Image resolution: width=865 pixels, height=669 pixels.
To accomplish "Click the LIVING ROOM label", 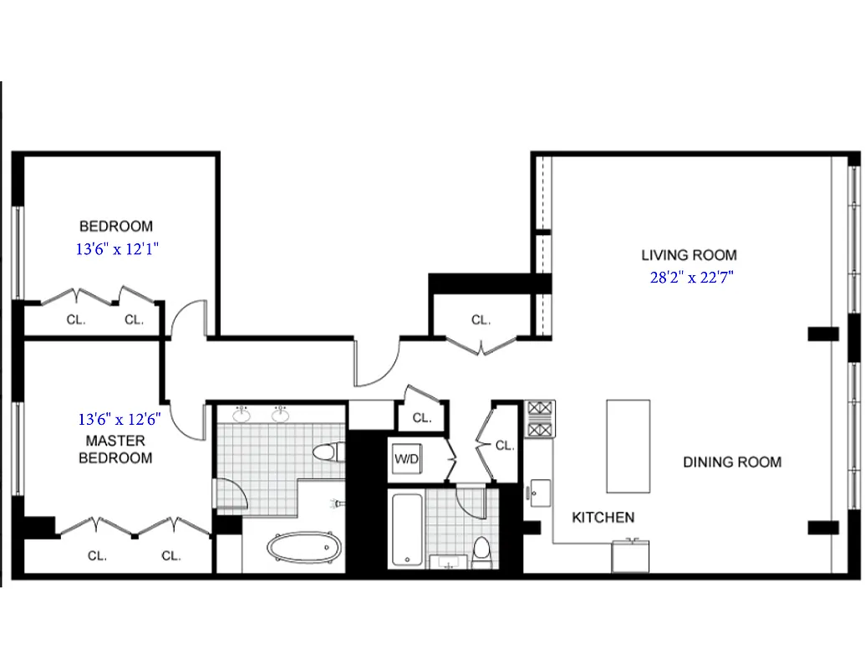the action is pos(689,255).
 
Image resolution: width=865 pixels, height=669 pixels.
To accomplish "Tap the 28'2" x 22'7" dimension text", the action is pos(692,277).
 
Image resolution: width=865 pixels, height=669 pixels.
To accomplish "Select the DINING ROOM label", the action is pos(732,462).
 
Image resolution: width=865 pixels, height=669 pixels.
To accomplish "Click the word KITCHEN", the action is pos(603,518).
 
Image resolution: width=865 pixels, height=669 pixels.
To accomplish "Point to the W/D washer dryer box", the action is pos(407,459).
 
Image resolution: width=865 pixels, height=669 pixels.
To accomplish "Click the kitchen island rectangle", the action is pos(628,446).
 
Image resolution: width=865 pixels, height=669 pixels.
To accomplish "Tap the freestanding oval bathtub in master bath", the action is pos(304,549).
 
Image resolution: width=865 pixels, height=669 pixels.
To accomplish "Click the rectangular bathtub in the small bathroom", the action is pos(407,529).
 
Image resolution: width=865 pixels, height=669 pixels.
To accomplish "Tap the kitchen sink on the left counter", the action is pos(540,490).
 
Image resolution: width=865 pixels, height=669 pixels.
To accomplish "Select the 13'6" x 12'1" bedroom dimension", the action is pos(116,248).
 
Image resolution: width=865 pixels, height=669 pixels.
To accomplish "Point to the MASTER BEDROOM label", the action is pos(115,449).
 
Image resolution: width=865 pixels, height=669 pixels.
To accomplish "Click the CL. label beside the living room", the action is pos(481,319).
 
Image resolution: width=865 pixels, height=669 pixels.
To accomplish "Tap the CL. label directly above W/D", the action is pos(421,418).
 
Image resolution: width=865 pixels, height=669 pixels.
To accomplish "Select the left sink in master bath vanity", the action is pos(242,414).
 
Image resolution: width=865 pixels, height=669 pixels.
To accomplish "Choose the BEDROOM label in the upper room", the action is pos(116,226).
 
